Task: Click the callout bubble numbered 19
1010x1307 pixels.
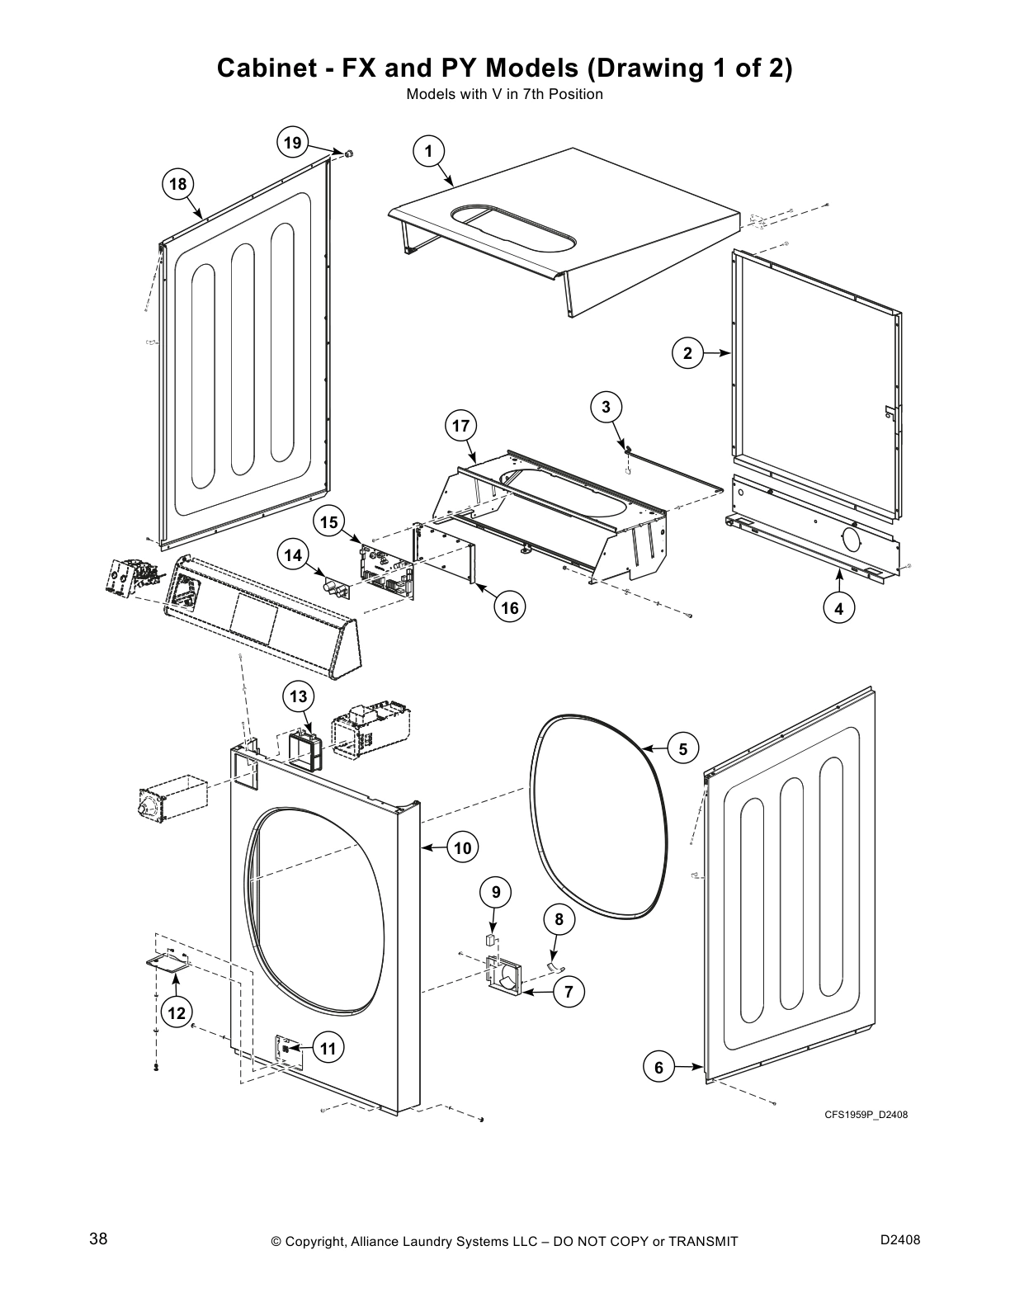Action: coord(292,142)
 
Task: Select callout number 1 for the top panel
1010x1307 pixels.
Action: coord(428,151)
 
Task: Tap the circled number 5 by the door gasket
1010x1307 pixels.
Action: coord(682,749)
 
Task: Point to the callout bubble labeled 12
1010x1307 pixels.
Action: coord(177,1012)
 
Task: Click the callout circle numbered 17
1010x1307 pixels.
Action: coord(460,426)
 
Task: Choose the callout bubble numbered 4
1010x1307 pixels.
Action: coord(839,609)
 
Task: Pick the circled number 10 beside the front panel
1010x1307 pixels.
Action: coord(462,847)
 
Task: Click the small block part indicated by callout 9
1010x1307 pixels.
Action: coord(491,939)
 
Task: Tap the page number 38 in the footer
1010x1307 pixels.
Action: coord(98,1239)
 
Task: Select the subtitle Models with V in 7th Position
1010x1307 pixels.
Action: coord(504,94)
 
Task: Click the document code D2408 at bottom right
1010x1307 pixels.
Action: coord(899,1240)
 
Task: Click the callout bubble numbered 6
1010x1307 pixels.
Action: coord(658,1068)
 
